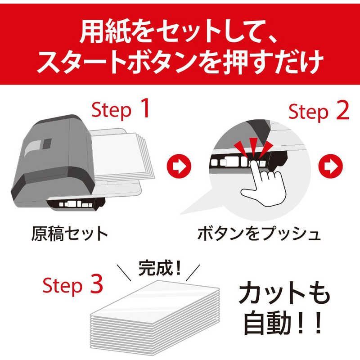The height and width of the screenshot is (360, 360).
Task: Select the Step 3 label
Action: point(73,285)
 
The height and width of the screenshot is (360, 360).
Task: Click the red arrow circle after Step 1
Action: point(179,166)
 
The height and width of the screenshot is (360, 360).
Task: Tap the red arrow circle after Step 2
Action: point(330,166)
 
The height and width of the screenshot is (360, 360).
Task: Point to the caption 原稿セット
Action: point(69,234)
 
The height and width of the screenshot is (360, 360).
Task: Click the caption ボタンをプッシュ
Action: point(259,234)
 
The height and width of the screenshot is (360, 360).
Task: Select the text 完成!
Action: point(159,268)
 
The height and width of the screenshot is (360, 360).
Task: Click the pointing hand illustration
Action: point(264,183)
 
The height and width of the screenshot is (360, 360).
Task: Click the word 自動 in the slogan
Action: point(267,322)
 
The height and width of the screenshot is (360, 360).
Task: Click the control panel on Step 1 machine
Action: point(76,204)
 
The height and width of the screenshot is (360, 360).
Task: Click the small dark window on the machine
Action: point(47,144)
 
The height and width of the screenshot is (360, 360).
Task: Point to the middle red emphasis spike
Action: point(253,148)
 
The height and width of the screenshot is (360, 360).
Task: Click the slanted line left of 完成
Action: point(124,273)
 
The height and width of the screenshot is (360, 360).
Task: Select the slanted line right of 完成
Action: point(193,273)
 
